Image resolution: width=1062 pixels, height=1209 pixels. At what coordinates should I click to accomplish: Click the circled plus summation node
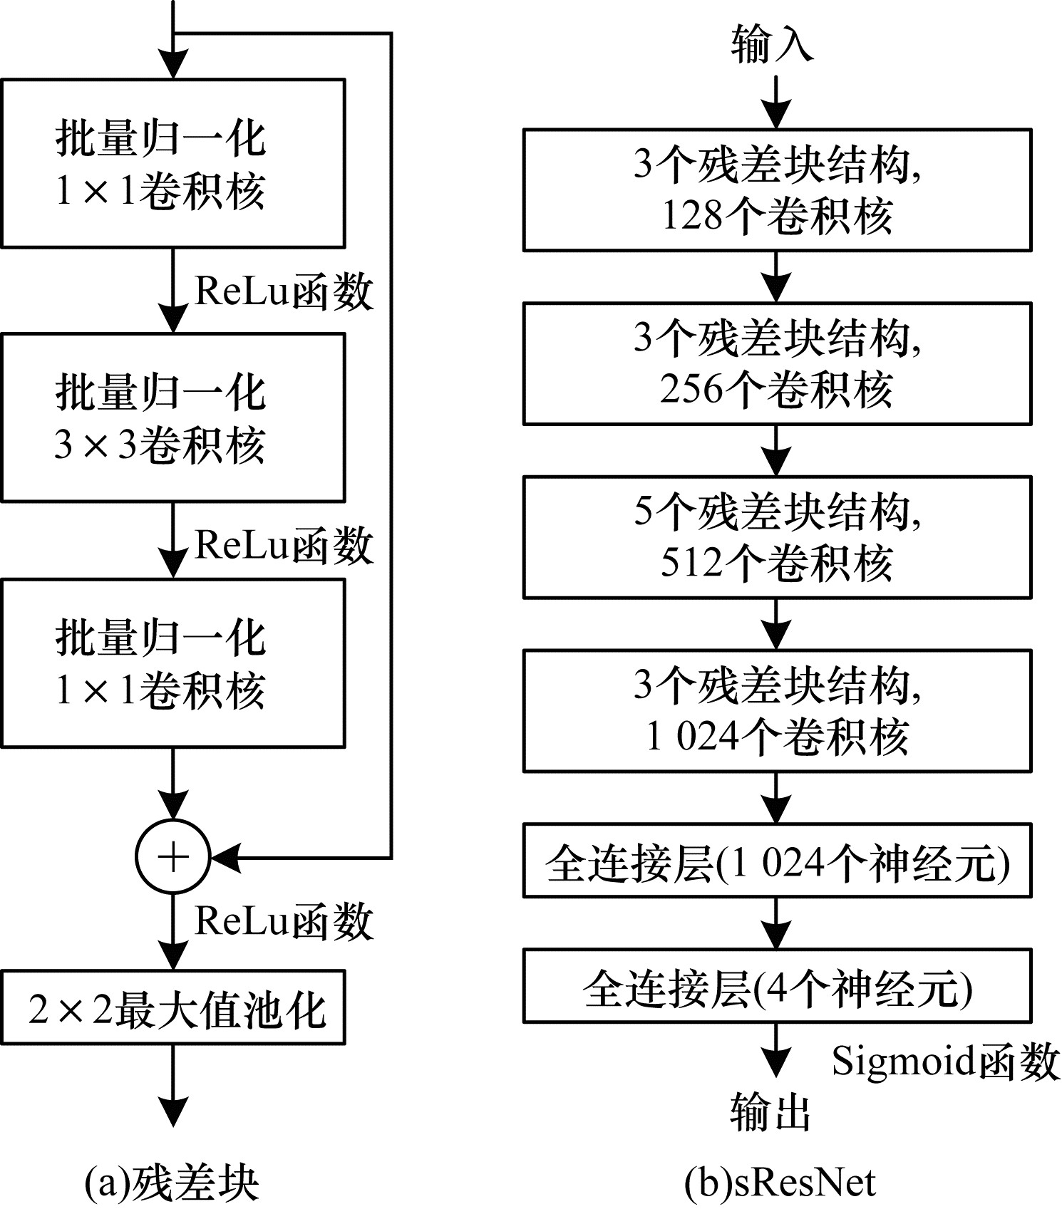click(x=173, y=857)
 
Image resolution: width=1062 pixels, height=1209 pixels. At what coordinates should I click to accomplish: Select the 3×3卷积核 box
click(x=173, y=417)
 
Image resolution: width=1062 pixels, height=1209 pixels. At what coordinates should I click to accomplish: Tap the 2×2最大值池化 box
click(x=173, y=1007)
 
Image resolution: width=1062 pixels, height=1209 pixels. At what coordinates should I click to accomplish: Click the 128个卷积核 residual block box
click(x=777, y=190)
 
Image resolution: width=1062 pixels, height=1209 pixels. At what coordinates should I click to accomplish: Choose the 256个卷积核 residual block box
click(x=777, y=363)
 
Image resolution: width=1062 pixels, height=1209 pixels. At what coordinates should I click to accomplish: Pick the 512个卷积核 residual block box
click(x=777, y=537)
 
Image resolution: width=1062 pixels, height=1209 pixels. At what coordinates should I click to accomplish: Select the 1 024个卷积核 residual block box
click(x=777, y=710)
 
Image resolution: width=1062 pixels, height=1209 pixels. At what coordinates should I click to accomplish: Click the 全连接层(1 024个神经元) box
click(x=777, y=860)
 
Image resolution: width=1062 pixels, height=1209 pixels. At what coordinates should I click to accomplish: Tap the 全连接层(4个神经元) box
click(x=777, y=985)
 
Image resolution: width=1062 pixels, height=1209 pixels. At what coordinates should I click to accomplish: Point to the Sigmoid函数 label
click(x=946, y=1061)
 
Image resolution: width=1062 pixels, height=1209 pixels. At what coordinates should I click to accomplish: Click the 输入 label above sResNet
click(x=772, y=43)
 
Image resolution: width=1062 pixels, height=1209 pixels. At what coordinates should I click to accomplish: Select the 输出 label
click(x=772, y=1111)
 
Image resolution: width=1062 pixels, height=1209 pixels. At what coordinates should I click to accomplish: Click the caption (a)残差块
click(x=171, y=1183)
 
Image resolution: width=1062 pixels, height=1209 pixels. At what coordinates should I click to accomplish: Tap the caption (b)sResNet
click(x=780, y=1183)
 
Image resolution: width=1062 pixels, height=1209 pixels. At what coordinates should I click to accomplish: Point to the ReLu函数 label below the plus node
click(x=284, y=920)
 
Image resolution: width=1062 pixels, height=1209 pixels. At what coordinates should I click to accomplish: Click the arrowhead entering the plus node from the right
click(x=227, y=857)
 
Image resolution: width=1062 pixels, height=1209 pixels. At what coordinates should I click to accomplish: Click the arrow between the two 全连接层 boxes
click(x=776, y=923)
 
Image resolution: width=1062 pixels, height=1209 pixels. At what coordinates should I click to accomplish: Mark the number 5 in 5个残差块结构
click(x=644, y=511)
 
